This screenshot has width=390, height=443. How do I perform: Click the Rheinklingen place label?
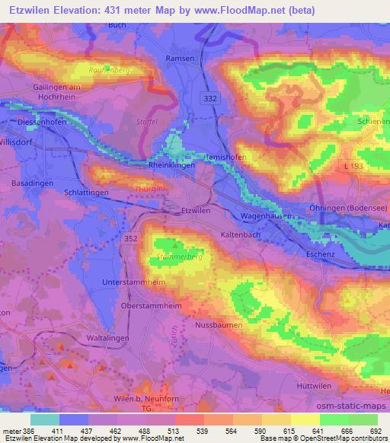coord(171,164)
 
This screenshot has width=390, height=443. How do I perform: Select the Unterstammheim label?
coord(132,282)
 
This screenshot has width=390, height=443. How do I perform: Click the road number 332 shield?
coord(210,98)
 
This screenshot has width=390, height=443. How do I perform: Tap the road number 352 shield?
coord(130,238)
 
